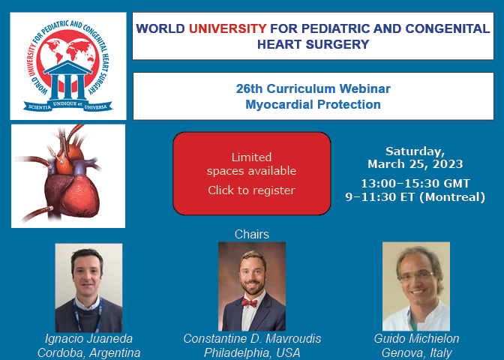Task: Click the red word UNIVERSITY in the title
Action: coord(227,28)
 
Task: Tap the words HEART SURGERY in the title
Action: coord(313,44)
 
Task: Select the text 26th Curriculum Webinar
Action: coord(313,88)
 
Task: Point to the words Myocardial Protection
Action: coord(313,104)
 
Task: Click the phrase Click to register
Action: coord(251,190)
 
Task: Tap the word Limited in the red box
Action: coord(251,157)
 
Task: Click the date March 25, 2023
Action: coord(415,164)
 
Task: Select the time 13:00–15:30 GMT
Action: coord(415,184)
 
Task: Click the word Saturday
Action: coord(415,151)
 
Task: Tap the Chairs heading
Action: coord(252,234)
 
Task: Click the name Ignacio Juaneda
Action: coord(88,339)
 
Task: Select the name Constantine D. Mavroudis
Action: coord(252,339)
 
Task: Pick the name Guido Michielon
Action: coord(416,339)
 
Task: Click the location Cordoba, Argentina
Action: coord(88,353)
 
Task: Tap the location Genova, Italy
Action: coord(416,353)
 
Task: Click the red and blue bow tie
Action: coord(250,303)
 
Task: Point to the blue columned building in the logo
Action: coord(67,79)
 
